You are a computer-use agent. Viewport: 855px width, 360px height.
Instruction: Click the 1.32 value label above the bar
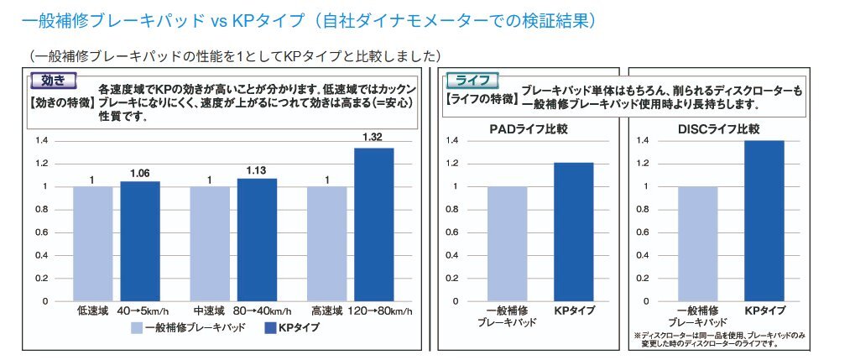(x=373, y=136)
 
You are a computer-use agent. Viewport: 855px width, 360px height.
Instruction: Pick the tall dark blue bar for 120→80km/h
(x=373, y=223)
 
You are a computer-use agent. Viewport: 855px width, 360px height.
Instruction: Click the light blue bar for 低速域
(x=92, y=243)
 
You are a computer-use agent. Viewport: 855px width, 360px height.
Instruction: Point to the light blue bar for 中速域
(x=209, y=243)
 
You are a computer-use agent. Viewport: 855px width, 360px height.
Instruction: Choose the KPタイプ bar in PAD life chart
(x=573, y=231)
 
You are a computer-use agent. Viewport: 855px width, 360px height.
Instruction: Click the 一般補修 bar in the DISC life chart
(x=697, y=243)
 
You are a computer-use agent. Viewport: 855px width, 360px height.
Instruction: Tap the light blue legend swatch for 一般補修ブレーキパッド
(x=137, y=328)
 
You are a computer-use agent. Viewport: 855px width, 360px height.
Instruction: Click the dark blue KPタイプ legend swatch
(x=271, y=328)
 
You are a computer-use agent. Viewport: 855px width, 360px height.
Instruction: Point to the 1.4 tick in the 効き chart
(x=42, y=140)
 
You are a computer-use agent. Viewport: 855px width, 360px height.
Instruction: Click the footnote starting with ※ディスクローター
(x=720, y=340)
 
